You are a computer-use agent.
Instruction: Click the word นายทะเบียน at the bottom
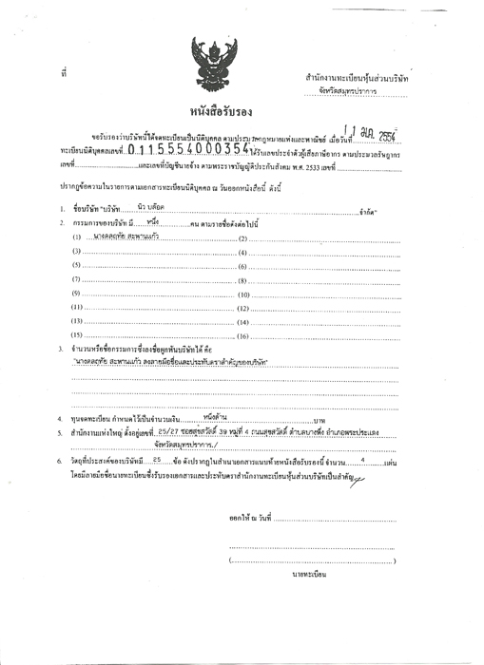(312, 574)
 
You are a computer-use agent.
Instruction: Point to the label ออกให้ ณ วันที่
(250, 518)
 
